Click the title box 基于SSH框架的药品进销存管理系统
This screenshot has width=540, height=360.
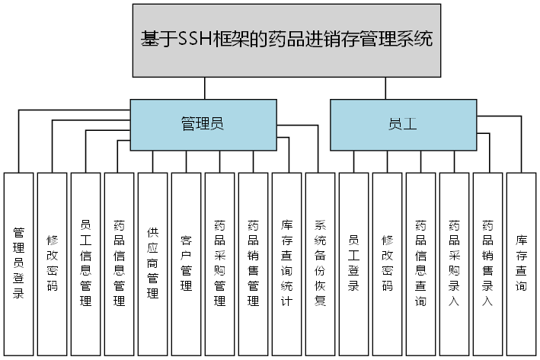pyautogui.click(x=286, y=40)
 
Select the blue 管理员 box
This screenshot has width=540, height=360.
pyautogui.click(x=201, y=123)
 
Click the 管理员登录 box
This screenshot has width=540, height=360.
pyautogui.click(x=19, y=263)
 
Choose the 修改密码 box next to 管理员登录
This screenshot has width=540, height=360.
pyautogui.click(x=53, y=263)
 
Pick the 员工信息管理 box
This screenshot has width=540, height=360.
pyautogui.click(x=86, y=263)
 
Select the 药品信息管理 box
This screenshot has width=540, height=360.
pyautogui.click(x=120, y=263)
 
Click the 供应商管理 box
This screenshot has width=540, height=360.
pyautogui.click(x=153, y=263)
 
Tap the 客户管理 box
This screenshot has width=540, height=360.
pyautogui.click(x=187, y=263)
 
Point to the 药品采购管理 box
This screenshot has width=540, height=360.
pyautogui.click(x=220, y=263)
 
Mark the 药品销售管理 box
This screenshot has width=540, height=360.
pyautogui.click(x=254, y=263)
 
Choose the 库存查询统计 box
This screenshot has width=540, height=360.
pyautogui.click(x=287, y=263)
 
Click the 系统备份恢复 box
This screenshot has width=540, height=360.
pyautogui.click(x=321, y=263)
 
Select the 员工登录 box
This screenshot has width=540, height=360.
pyautogui.click(x=354, y=263)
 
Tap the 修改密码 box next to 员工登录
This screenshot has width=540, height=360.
pyautogui.click(x=388, y=263)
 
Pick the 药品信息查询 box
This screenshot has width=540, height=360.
pyautogui.click(x=421, y=263)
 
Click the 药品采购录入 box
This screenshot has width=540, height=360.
pyautogui.click(x=455, y=263)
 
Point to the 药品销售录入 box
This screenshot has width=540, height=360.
pyautogui.click(x=488, y=263)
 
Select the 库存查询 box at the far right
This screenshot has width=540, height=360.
pyautogui.click(x=522, y=263)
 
